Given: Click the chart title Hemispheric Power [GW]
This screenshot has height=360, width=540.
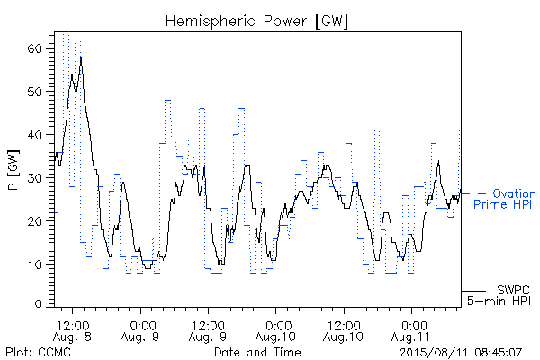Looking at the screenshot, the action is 256,22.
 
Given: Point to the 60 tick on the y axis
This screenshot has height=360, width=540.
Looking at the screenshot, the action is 34,49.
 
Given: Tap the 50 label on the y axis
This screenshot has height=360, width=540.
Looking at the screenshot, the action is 34,92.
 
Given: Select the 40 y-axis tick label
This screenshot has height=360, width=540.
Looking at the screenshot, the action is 34,135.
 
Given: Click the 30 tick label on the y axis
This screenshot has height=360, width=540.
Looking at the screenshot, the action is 34,178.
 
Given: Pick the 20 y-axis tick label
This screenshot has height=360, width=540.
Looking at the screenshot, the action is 34,221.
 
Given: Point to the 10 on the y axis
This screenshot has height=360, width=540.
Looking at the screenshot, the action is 34,265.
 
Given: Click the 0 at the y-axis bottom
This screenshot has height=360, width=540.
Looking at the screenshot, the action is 38,304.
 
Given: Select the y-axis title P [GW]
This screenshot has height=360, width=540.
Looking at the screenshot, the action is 13,170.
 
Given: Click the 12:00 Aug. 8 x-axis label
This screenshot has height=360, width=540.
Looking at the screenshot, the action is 72,331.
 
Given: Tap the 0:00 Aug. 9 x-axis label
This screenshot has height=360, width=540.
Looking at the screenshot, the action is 140,331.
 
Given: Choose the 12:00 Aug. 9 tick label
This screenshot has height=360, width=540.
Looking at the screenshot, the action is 208,331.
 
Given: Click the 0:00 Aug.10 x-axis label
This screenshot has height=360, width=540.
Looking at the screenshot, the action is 275,331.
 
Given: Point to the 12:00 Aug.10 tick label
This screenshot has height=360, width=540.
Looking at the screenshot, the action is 344,331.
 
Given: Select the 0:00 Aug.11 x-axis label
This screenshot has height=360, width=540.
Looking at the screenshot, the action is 411,331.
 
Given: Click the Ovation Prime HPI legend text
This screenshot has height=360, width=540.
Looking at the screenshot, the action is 504,199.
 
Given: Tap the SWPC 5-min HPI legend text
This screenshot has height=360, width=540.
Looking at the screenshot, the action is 499,295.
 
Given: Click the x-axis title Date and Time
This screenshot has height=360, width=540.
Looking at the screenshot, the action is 257,352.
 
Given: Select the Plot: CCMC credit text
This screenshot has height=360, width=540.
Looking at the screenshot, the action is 38,352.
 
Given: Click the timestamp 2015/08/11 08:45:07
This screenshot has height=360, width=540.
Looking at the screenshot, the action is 461,353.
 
